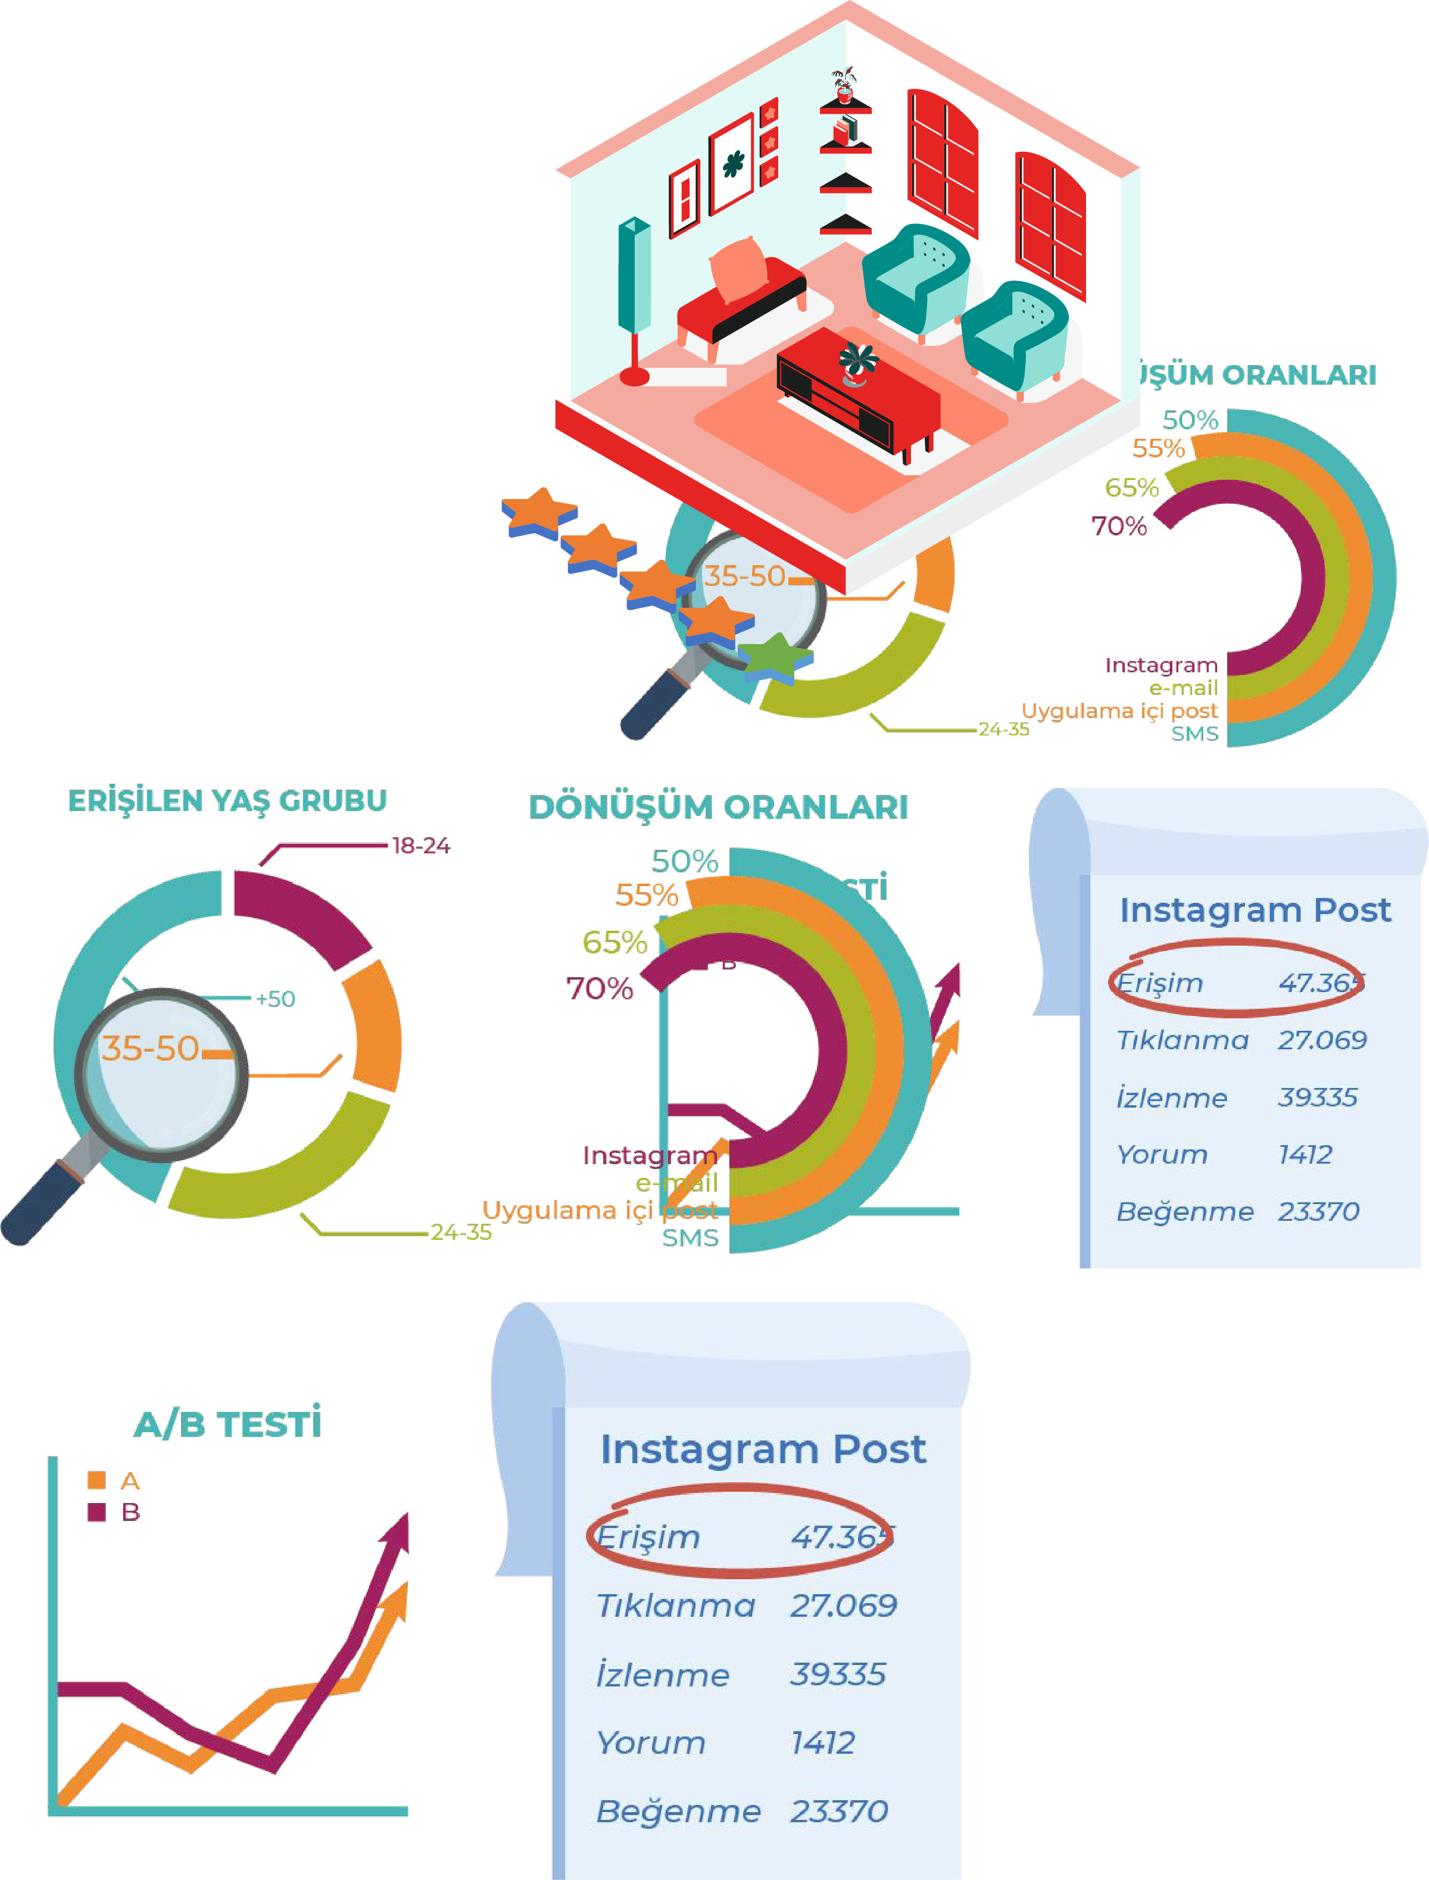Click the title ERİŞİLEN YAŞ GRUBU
coord(227,800)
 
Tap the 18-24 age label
coord(420,846)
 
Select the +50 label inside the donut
coord(276,999)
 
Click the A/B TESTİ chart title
coord(228,1424)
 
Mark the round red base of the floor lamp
coord(635,375)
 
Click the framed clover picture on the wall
coord(732,164)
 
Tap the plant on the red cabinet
coord(857,361)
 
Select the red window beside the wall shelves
coord(943,161)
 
